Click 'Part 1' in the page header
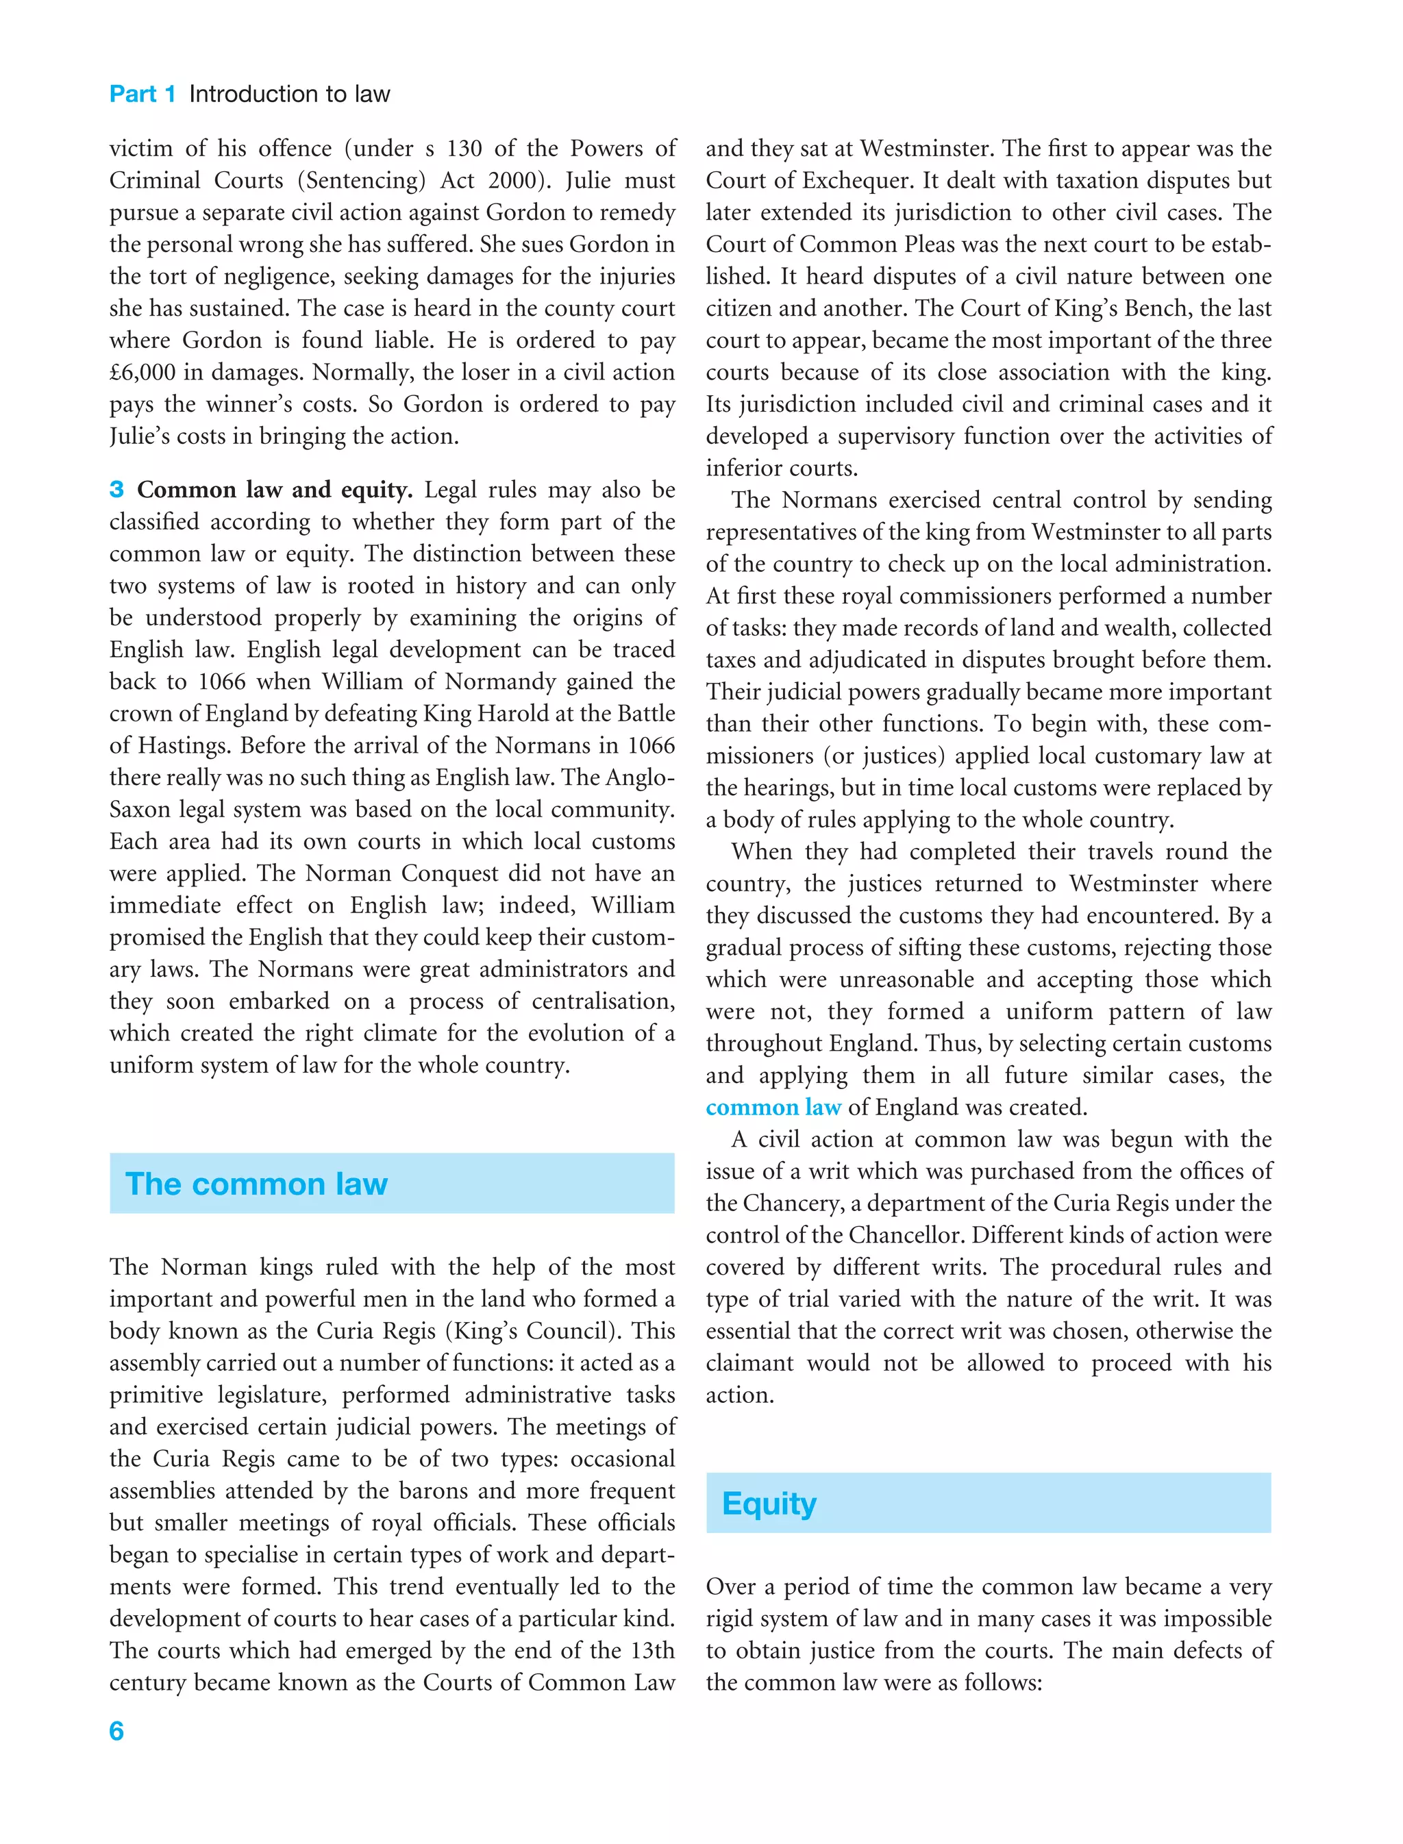[x=142, y=94]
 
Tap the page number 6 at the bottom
[x=116, y=1730]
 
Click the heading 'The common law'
[x=256, y=1184]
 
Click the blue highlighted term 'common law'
[x=773, y=1108]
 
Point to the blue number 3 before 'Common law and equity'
[x=117, y=489]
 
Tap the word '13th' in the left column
[x=652, y=1650]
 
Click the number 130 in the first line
[x=464, y=149]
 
